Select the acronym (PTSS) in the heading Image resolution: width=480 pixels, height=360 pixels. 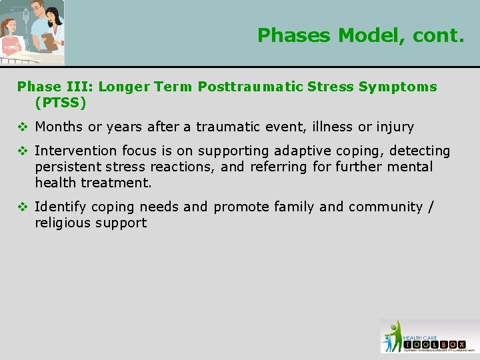click(x=61, y=103)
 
